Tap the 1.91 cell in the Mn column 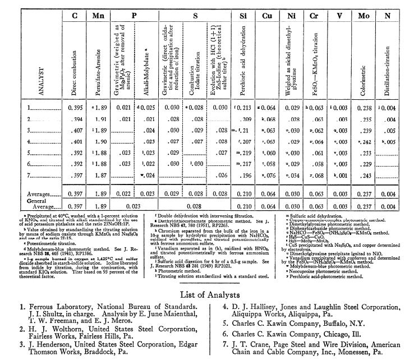(x=100, y=119)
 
